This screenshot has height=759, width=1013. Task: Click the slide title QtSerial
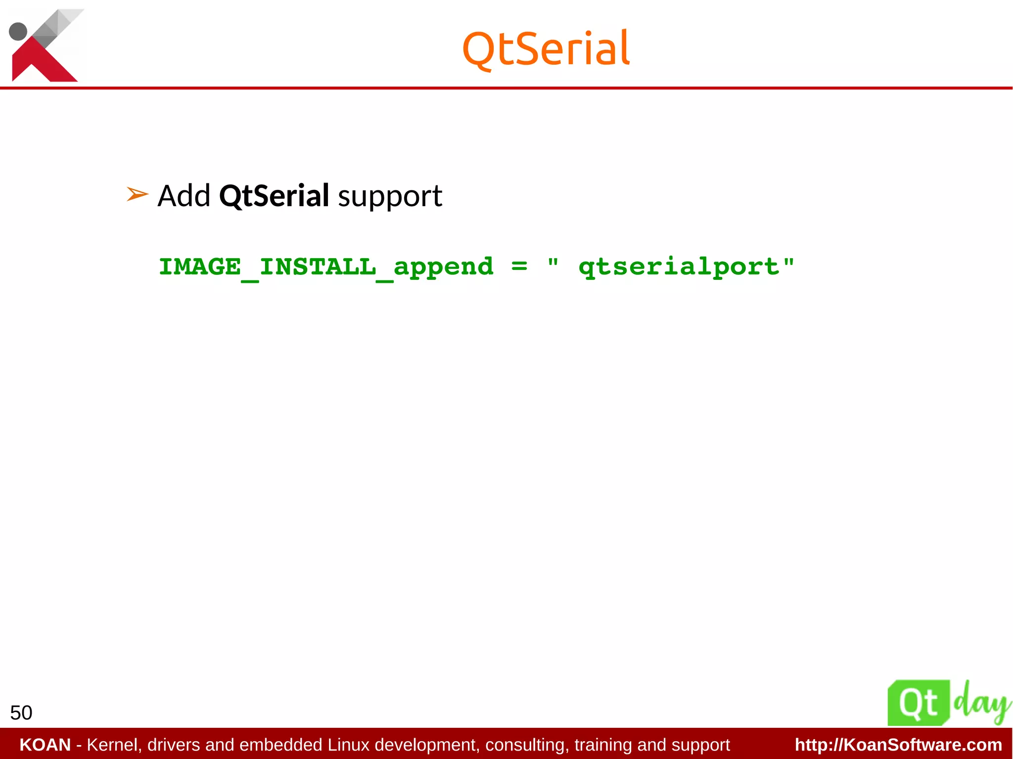coord(546,48)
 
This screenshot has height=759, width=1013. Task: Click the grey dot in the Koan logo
coord(18,31)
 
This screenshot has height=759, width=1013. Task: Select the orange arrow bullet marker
coord(137,194)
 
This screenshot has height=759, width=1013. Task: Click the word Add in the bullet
coord(184,196)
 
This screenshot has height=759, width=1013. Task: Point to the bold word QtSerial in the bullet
coord(274,196)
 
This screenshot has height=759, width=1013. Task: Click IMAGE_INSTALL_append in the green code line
coord(326,268)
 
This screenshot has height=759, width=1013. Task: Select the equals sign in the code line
coord(519,267)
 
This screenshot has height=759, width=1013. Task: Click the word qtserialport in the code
coord(679,268)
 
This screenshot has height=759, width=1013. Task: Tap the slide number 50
coord(21,713)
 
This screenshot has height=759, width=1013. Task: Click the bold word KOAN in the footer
coord(45,745)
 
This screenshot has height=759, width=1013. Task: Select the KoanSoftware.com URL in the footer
coord(898,745)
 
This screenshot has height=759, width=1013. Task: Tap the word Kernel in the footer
coord(114,745)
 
